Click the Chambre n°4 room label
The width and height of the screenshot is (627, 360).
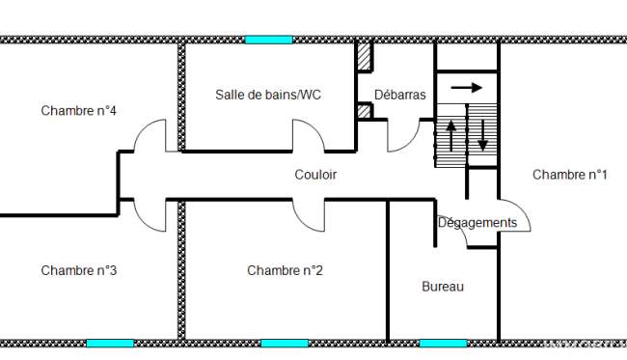78,110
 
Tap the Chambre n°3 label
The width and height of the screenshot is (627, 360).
79,270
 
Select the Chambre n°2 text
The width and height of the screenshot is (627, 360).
285,270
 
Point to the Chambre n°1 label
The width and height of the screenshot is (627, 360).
570,175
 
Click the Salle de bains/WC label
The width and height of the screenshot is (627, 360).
268,95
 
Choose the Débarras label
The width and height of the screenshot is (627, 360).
400,95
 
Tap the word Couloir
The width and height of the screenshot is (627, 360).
315,175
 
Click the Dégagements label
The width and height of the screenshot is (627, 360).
477,222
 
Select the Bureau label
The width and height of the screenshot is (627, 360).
443,287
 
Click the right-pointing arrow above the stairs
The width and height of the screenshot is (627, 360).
467,87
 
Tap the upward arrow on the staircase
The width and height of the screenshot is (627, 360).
451,136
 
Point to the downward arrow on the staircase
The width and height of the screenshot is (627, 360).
482,135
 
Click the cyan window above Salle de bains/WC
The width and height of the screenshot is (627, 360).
269,40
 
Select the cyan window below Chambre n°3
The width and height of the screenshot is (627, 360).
110,344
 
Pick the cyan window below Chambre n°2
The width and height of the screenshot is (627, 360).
285,344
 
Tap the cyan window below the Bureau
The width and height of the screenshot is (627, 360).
443,344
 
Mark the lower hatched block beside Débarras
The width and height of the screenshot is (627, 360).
364,111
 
